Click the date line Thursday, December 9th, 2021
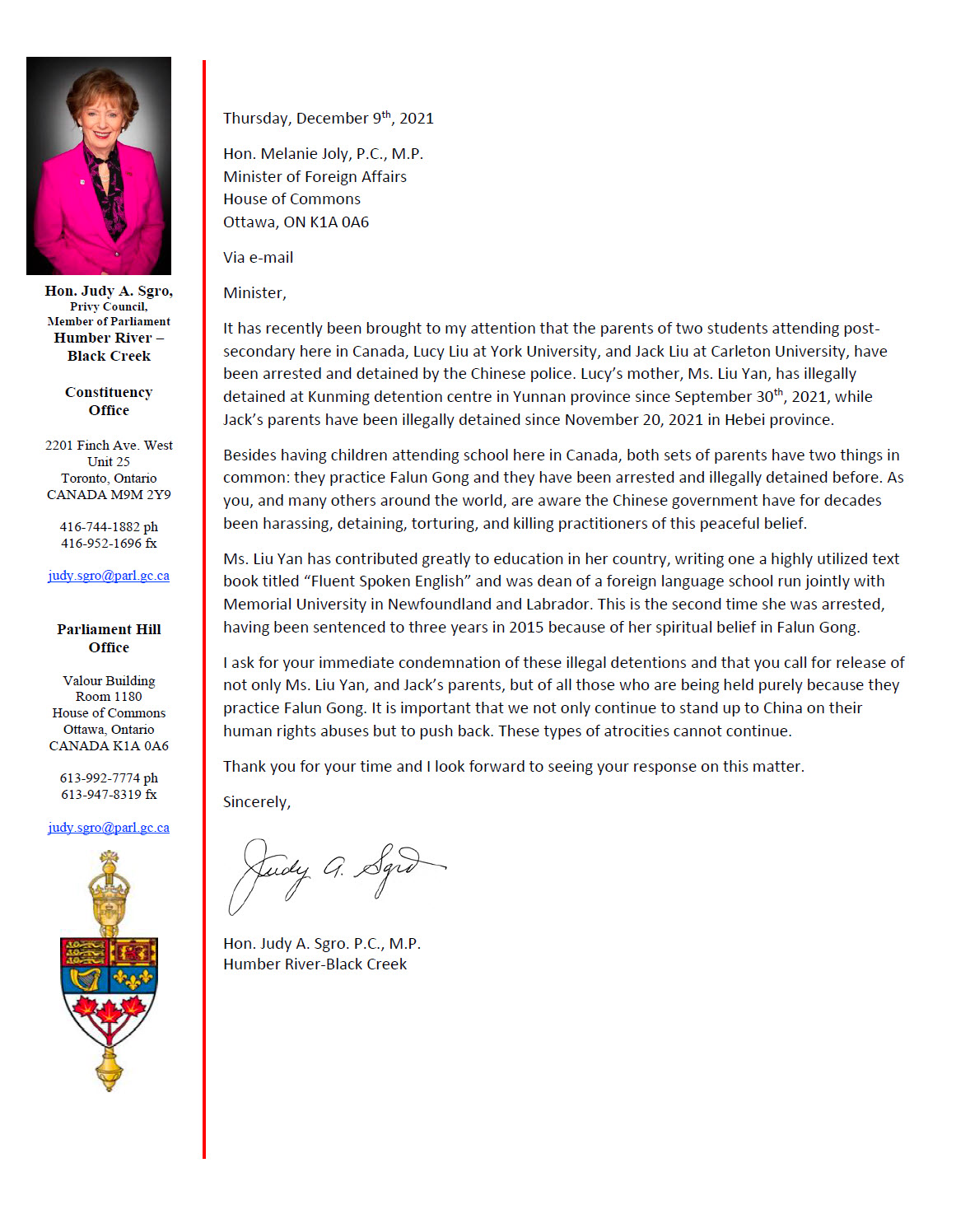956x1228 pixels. point(328,119)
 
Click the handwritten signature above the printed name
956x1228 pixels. point(333,873)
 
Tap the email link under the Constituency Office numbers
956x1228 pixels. point(109,576)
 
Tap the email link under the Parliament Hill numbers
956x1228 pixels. point(109,828)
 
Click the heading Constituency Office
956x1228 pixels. point(109,401)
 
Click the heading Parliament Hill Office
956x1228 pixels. point(109,638)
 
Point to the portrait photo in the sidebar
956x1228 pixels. point(99,166)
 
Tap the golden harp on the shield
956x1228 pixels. point(85,978)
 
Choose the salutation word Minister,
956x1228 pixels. point(254,293)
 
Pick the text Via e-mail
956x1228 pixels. point(258,258)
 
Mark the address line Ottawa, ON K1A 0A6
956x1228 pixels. point(296,222)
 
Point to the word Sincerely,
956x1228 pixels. point(256,802)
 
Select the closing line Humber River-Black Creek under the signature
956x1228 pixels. point(315,964)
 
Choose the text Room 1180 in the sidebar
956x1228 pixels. point(109,697)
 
